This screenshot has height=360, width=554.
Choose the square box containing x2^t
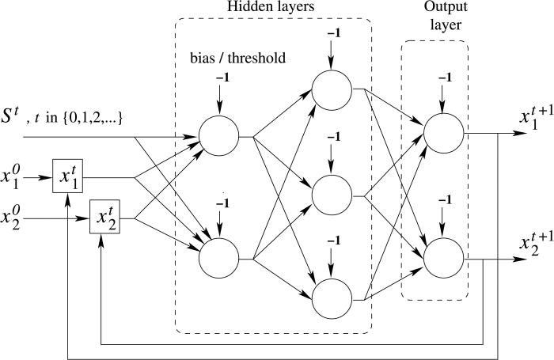pyautogui.click(x=105, y=214)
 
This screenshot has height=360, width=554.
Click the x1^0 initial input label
pyautogui.click(x=15, y=175)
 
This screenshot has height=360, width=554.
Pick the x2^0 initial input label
pyautogui.click(x=15, y=214)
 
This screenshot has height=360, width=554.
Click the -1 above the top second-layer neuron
pyautogui.click(x=332, y=35)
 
